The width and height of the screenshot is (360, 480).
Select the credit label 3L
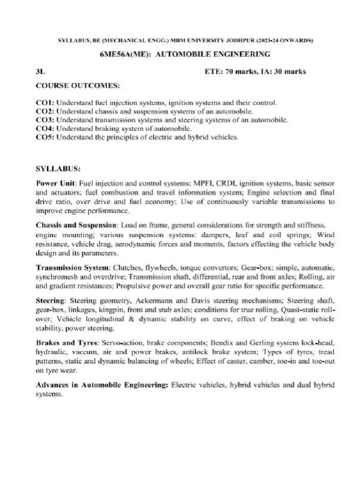click(x=41, y=72)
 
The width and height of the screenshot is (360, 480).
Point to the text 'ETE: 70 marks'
click(x=228, y=72)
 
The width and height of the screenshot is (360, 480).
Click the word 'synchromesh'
click(x=55, y=277)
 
